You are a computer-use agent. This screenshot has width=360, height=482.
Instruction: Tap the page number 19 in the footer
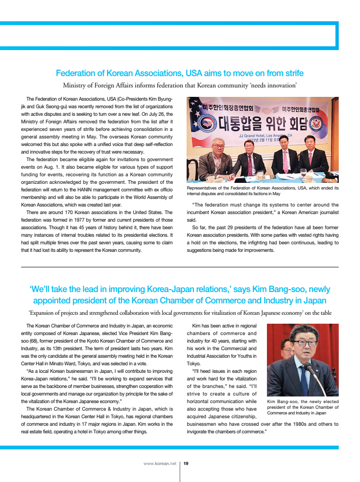pos(186,464)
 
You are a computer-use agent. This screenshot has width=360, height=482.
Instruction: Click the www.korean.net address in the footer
pos(160,464)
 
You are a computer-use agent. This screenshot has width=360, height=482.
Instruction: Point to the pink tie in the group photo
pos(285,161)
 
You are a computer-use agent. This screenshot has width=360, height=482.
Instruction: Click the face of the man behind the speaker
pos(286,350)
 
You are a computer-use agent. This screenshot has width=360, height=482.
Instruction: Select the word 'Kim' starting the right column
pos(197,326)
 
